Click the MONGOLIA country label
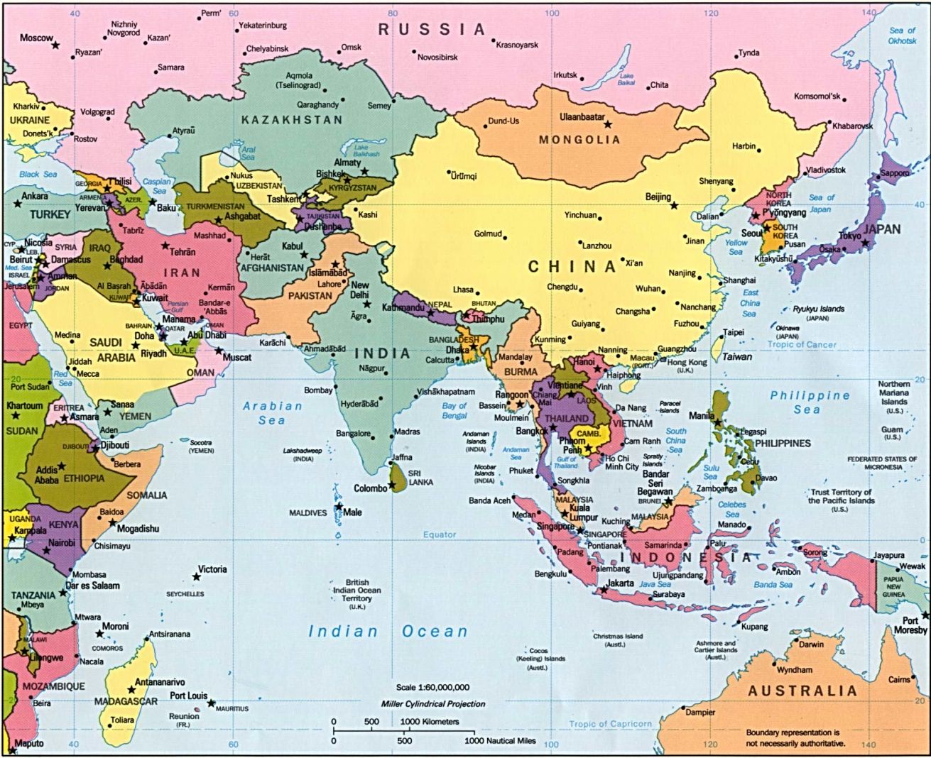(x=579, y=140)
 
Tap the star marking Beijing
(x=674, y=205)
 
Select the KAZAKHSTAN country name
(x=291, y=120)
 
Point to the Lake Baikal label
(x=626, y=79)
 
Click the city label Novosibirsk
(x=437, y=57)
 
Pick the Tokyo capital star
(x=865, y=243)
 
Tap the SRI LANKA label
(x=420, y=477)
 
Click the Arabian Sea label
(x=272, y=413)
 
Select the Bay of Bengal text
(x=454, y=410)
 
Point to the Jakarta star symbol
(x=604, y=590)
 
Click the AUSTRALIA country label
(x=802, y=691)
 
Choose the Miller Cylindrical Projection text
(x=432, y=704)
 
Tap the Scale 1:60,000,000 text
(x=432, y=687)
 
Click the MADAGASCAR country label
(x=126, y=701)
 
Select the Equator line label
(x=440, y=534)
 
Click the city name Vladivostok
(x=826, y=170)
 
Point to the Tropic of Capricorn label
(x=610, y=724)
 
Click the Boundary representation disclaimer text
(x=795, y=737)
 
